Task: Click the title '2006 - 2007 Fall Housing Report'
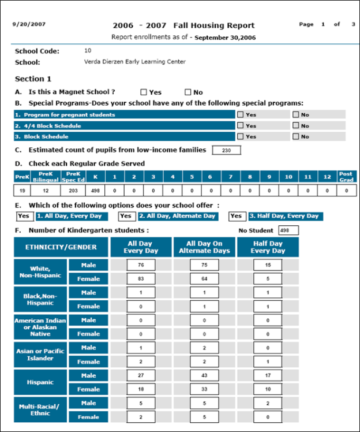coord(183,26)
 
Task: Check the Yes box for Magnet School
coord(144,92)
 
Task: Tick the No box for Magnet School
coord(187,92)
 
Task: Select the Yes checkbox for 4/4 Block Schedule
coord(240,125)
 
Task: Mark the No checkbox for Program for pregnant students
coord(295,114)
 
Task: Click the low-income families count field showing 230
coord(226,151)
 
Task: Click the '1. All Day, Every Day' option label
coord(70,216)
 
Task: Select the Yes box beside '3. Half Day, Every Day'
coord(237,216)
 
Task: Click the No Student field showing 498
coord(288,230)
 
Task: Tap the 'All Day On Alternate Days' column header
coord(205,247)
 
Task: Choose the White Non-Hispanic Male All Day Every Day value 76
coord(141,265)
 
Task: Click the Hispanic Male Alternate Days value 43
coord(205,376)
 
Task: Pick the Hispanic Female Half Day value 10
coord(268,390)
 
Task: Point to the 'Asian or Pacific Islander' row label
coord(40,355)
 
